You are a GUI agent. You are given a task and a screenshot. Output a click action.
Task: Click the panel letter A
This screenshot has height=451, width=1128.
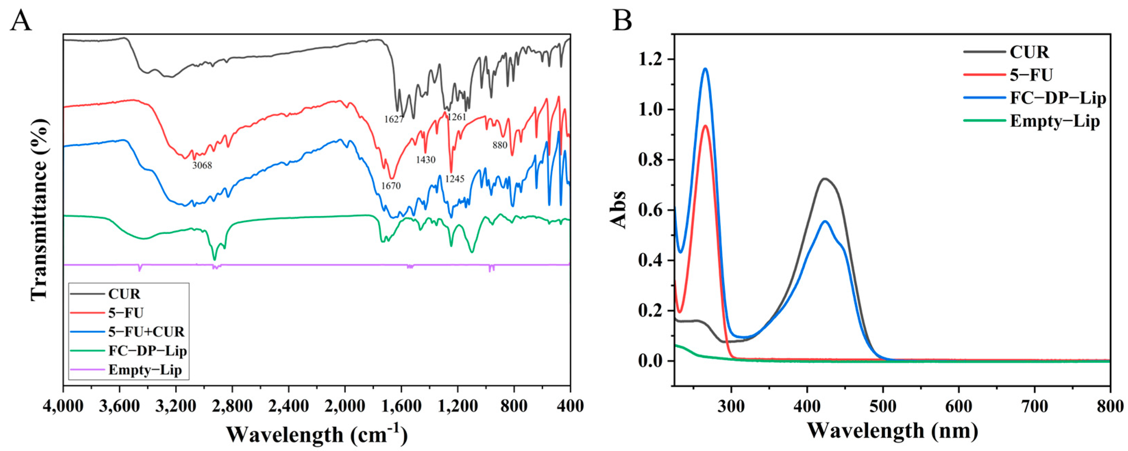[x=21, y=20]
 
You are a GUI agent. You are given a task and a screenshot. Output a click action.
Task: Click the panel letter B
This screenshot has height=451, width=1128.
[x=622, y=20]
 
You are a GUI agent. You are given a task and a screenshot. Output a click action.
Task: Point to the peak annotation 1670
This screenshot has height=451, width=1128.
[x=391, y=186]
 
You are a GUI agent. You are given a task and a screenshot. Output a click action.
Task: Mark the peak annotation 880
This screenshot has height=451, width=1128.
[x=500, y=145]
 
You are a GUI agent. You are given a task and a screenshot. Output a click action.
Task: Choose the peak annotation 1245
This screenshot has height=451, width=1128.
[x=455, y=179]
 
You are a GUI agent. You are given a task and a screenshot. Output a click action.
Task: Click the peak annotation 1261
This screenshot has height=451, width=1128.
[x=457, y=117]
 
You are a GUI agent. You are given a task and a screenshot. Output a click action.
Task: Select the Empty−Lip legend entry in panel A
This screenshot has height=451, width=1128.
[x=145, y=371]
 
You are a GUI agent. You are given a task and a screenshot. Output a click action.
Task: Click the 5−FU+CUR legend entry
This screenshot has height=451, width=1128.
[x=146, y=331]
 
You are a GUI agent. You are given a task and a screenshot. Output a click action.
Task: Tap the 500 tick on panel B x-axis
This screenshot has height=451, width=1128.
[x=883, y=406]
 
